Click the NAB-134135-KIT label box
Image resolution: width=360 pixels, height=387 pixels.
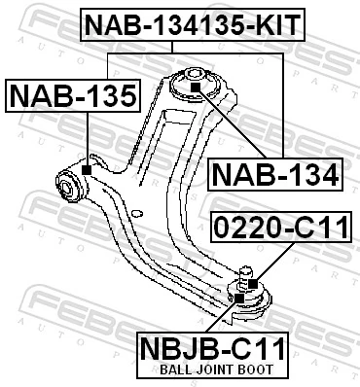click(x=192, y=24)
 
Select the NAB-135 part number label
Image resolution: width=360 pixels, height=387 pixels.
click(x=73, y=96)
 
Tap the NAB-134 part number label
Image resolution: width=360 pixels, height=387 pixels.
click(x=275, y=175)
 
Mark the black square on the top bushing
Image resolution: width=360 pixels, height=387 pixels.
click(x=195, y=88)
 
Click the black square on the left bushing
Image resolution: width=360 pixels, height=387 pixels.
click(x=88, y=171)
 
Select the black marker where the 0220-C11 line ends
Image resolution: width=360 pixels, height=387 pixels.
click(x=251, y=284)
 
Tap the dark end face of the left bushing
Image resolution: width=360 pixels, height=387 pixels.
click(x=67, y=182)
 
